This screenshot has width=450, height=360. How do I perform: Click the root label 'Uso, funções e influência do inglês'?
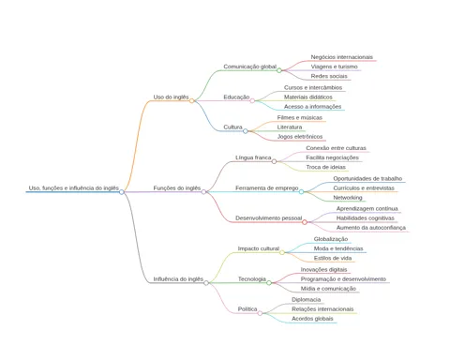point(74,188)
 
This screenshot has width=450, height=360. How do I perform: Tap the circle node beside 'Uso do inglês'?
point(192,100)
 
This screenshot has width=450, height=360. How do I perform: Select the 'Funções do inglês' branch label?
point(177,188)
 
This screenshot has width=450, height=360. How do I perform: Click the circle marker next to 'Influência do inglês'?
point(206,283)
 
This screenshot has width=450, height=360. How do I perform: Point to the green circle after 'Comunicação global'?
point(279,70)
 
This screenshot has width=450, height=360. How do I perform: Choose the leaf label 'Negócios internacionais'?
point(342,57)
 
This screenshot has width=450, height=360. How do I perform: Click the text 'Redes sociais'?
point(329,76)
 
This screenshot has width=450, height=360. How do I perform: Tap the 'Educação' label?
point(236,97)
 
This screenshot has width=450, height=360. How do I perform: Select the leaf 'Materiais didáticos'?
point(308,97)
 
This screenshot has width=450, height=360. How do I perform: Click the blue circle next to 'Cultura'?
point(246,131)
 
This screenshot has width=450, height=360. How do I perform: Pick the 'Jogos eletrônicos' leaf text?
point(300,137)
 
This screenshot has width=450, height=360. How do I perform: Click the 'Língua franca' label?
point(253,157)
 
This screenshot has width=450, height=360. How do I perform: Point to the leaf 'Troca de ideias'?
point(326,167)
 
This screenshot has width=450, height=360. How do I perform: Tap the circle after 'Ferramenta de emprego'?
point(301,191)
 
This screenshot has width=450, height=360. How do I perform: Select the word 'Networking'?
point(348,198)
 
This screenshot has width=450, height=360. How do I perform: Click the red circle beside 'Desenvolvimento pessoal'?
point(305,222)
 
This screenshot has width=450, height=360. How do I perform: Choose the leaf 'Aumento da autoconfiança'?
point(371,228)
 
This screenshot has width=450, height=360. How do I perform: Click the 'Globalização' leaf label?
point(331,239)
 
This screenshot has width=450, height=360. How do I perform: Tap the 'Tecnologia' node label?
point(252,279)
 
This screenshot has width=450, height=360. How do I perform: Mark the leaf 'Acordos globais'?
point(312,319)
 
